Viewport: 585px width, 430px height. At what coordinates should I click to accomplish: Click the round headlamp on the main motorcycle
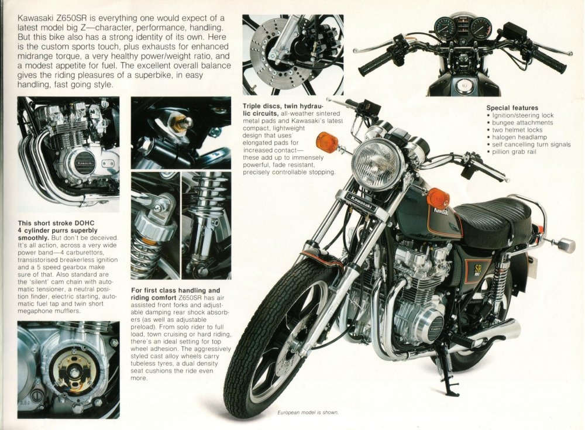pyautogui.click(x=377, y=164)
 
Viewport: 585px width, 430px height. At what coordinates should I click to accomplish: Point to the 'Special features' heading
pyautogui.click(x=512, y=108)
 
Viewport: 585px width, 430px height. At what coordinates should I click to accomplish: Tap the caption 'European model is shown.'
pyautogui.click(x=308, y=412)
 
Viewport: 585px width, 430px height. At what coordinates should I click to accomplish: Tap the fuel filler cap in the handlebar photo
pyautogui.click(x=464, y=85)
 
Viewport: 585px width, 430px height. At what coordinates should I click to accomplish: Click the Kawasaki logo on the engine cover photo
pyautogui.click(x=85, y=163)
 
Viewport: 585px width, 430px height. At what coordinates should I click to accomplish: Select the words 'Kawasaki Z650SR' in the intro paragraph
pyautogui.click(x=50, y=18)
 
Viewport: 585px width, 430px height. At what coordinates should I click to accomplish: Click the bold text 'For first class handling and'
pyautogui.click(x=175, y=290)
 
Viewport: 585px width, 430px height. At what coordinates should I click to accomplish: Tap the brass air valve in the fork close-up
pyautogui.click(x=182, y=123)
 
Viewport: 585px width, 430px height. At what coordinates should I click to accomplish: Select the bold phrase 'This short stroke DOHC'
pyautogui.click(x=56, y=223)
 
